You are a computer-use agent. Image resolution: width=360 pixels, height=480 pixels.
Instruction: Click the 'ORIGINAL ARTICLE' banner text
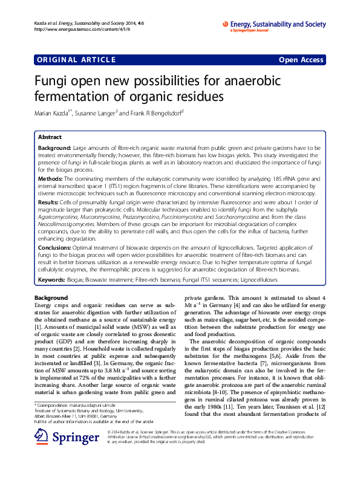pyautogui.click(x=76, y=60)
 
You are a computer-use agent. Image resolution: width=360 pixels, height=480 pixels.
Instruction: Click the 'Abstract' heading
pyautogui.click(x=50, y=137)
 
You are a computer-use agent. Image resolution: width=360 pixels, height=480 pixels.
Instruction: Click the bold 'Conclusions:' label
pyautogui.click(x=56, y=248)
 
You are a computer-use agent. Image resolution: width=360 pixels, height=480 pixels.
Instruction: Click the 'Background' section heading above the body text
pyautogui.click(x=51, y=298)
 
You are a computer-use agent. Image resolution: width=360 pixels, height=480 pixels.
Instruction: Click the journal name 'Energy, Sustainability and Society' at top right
pyautogui.click(x=278, y=24)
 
